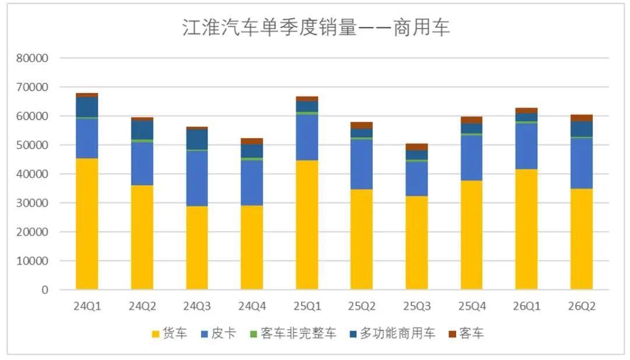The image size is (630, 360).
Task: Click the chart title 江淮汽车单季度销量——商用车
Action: tap(316, 28)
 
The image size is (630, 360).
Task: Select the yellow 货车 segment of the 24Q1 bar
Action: tap(87, 224)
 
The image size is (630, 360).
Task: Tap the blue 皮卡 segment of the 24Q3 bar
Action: tap(197, 179)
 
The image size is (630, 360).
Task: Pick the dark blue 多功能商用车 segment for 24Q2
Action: tap(142, 130)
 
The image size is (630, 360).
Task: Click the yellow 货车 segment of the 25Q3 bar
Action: tap(416, 243)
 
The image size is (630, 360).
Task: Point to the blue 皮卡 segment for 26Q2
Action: tap(582, 163)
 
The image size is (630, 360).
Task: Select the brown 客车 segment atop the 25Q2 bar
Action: tap(362, 125)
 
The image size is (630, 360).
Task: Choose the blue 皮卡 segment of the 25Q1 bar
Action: tap(307, 138)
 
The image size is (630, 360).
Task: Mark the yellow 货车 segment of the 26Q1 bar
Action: tap(526, 229)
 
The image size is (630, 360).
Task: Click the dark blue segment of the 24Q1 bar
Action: tap(87, 107)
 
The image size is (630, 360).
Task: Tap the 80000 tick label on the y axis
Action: tap(32, 58)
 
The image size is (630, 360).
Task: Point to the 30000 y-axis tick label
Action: tap(32, 203)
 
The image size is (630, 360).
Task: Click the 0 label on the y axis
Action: tap(44, 290)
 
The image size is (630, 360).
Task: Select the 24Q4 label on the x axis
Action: tap(252, 306)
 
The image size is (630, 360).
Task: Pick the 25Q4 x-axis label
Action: tap(472, 306)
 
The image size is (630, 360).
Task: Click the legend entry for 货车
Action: tap(170, 334)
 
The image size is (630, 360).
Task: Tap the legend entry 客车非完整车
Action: tap(293, 334)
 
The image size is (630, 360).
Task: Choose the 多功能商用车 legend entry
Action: tap(393, 334)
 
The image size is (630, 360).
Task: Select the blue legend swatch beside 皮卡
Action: tap(205, 334)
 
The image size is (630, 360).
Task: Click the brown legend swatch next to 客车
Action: tap(453, 334)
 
